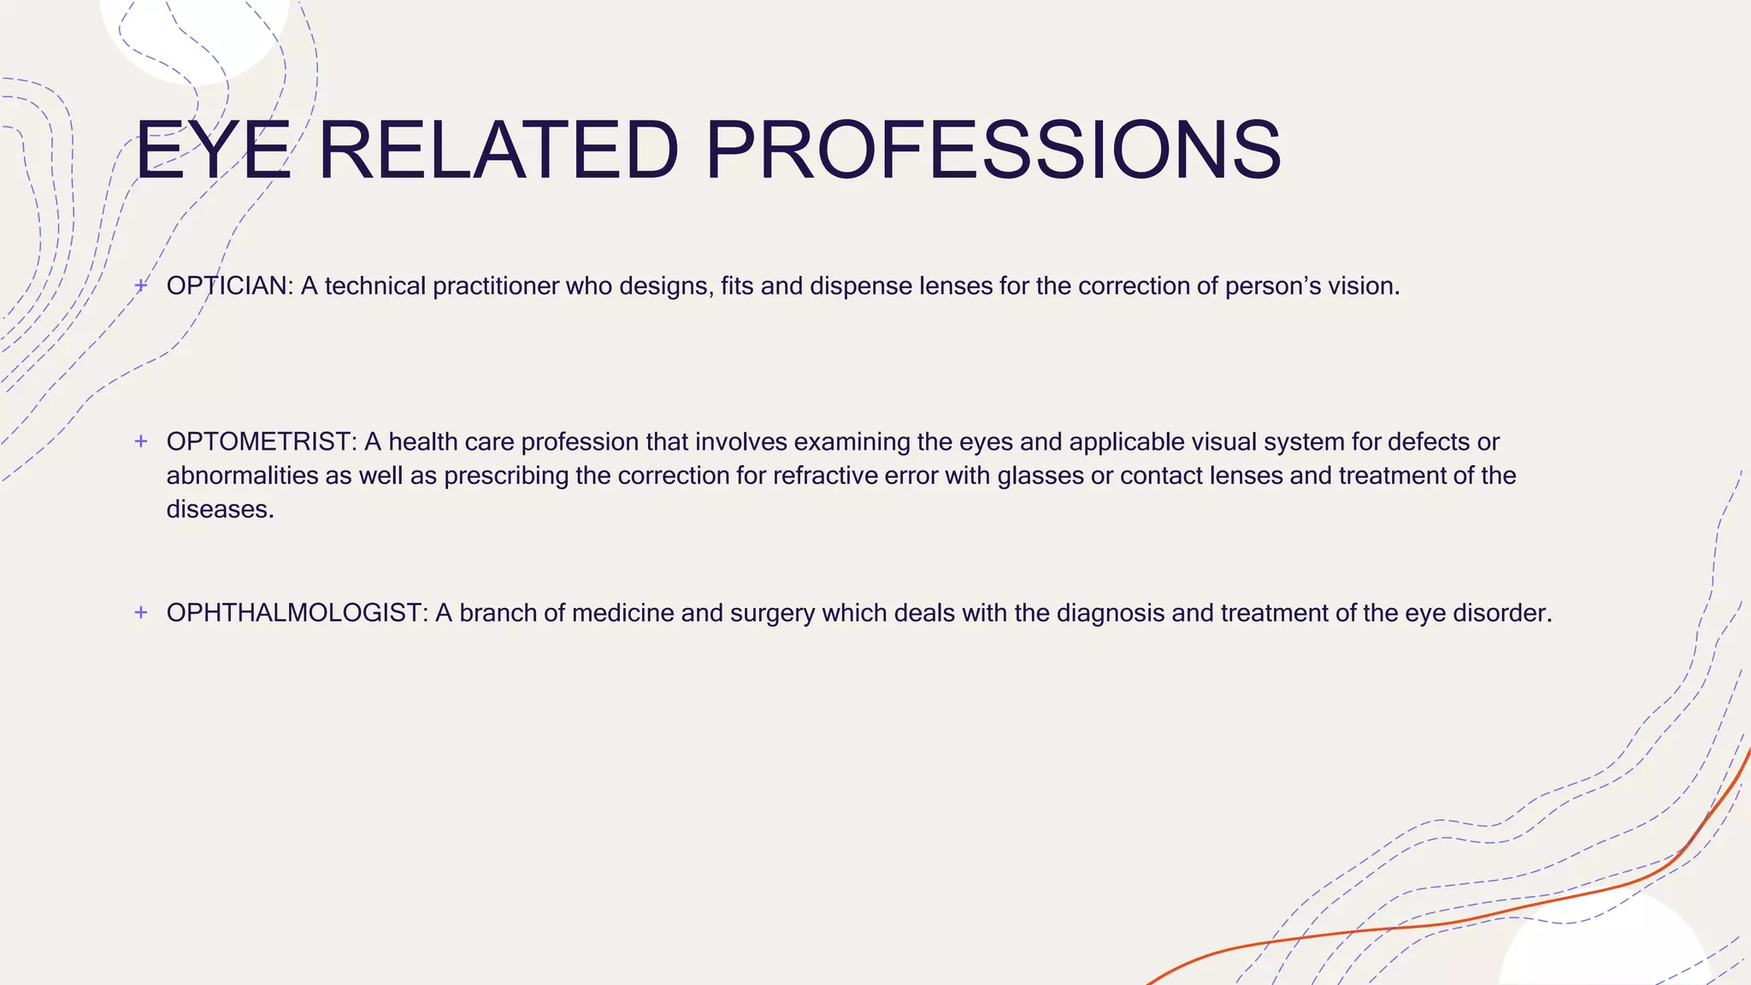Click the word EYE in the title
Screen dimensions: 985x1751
point(214,150)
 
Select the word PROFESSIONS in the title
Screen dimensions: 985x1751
point(993,150)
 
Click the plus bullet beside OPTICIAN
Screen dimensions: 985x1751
point(142,285)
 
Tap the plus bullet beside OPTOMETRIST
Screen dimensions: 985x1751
point(142,441)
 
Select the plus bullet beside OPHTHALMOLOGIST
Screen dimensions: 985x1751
point(142,612)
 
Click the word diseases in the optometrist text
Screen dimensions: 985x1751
point(219,510)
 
